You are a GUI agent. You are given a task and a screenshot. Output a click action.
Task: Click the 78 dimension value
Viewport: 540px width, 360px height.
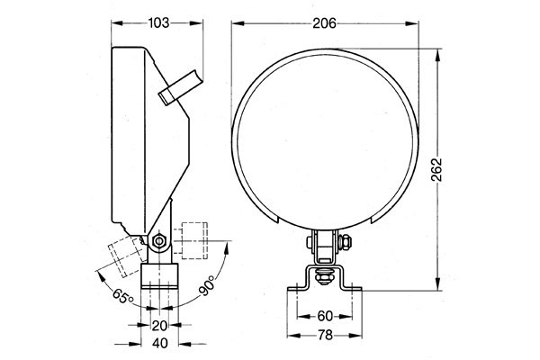pyautogui.click(x=325, y=336)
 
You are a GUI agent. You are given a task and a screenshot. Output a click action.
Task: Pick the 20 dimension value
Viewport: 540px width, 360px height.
pyautogui.click(x=159, y=326)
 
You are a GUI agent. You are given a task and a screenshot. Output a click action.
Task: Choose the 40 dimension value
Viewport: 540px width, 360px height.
pyautogui.click(x=159, y=344)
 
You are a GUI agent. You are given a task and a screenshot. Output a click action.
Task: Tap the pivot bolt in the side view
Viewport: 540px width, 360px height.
pyautogui.click(x=159, y=241)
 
